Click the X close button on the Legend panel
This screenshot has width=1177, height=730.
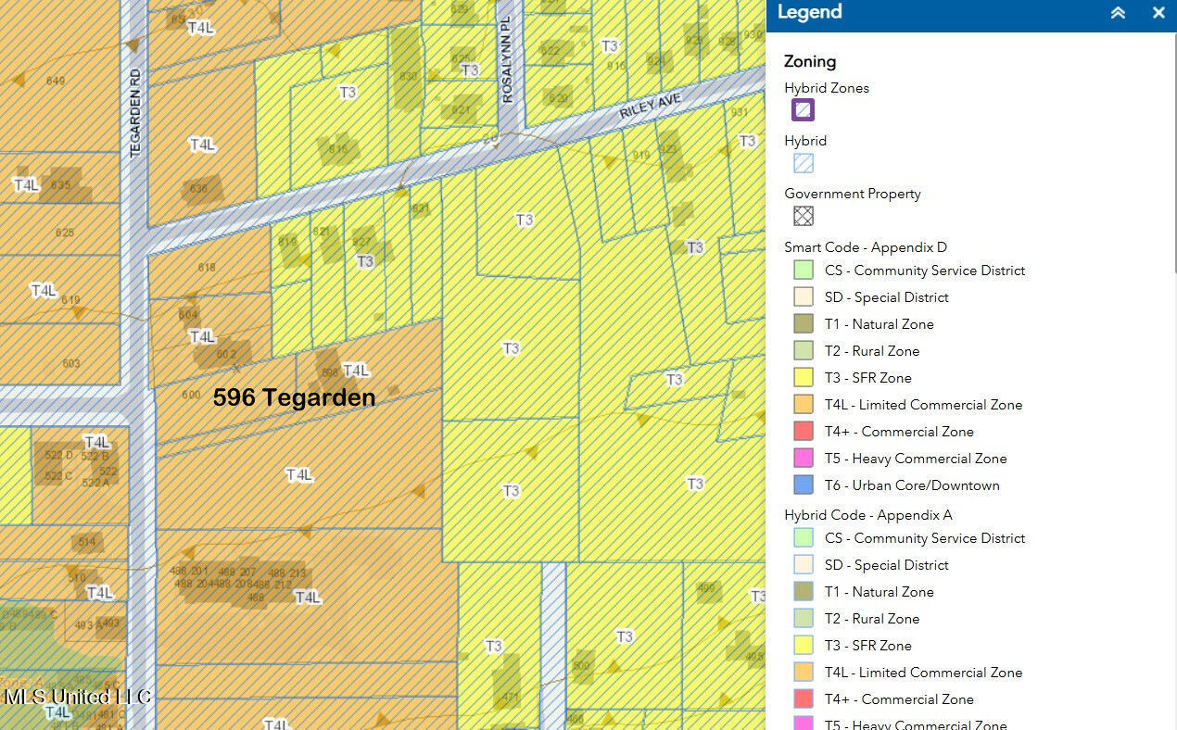1158,13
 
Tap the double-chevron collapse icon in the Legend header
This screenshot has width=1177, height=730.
1119,13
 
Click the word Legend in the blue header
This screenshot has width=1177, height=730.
809,12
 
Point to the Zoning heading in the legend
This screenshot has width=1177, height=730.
810,61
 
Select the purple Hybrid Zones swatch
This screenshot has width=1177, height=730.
803,110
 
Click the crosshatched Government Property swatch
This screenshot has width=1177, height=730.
803,216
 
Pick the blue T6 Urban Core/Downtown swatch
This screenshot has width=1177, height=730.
804,485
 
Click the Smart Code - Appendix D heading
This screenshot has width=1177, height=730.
866,247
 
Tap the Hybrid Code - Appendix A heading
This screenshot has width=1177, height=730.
867,515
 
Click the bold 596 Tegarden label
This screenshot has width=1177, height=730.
294,397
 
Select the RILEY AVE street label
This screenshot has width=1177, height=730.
651,107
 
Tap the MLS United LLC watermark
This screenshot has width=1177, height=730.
77,697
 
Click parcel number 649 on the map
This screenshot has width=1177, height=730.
55,82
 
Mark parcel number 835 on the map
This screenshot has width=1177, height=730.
61,185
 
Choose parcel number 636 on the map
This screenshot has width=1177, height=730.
198,189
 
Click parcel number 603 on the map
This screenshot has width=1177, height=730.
70,363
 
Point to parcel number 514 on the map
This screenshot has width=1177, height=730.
86,542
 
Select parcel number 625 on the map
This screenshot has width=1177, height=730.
64,233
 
